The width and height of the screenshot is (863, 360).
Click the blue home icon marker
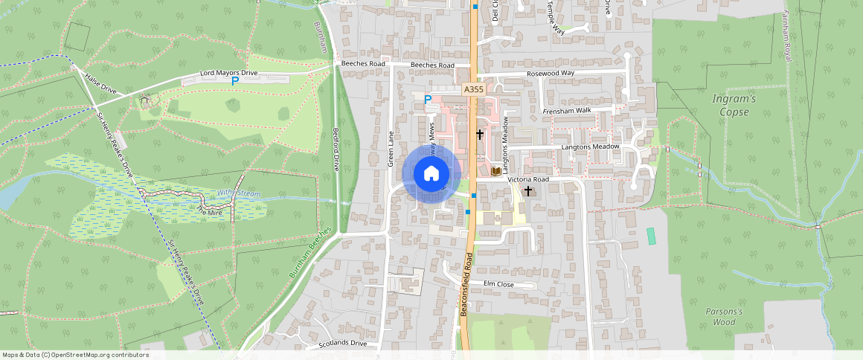pos(431,174)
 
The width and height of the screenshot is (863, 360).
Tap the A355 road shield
pos(473,89)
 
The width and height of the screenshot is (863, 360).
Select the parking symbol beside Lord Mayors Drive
pos(235,81)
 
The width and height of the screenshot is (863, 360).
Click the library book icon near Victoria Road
pos(495,172)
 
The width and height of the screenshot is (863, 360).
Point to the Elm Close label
pos(499,284)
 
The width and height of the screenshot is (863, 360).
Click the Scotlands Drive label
pos(343,344)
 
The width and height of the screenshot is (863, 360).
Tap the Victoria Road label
pos(528,180)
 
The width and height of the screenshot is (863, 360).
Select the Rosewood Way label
pos(551,74)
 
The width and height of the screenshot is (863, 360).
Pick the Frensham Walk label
pos(567,111)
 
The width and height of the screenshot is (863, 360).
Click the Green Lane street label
pos(391,149)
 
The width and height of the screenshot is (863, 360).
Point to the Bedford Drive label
pos(336,149)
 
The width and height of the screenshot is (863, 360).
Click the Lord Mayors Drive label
pos(229,73)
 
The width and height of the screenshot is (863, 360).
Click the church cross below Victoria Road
pos(528,191)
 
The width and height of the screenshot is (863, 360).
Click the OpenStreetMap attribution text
pos(75,355)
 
